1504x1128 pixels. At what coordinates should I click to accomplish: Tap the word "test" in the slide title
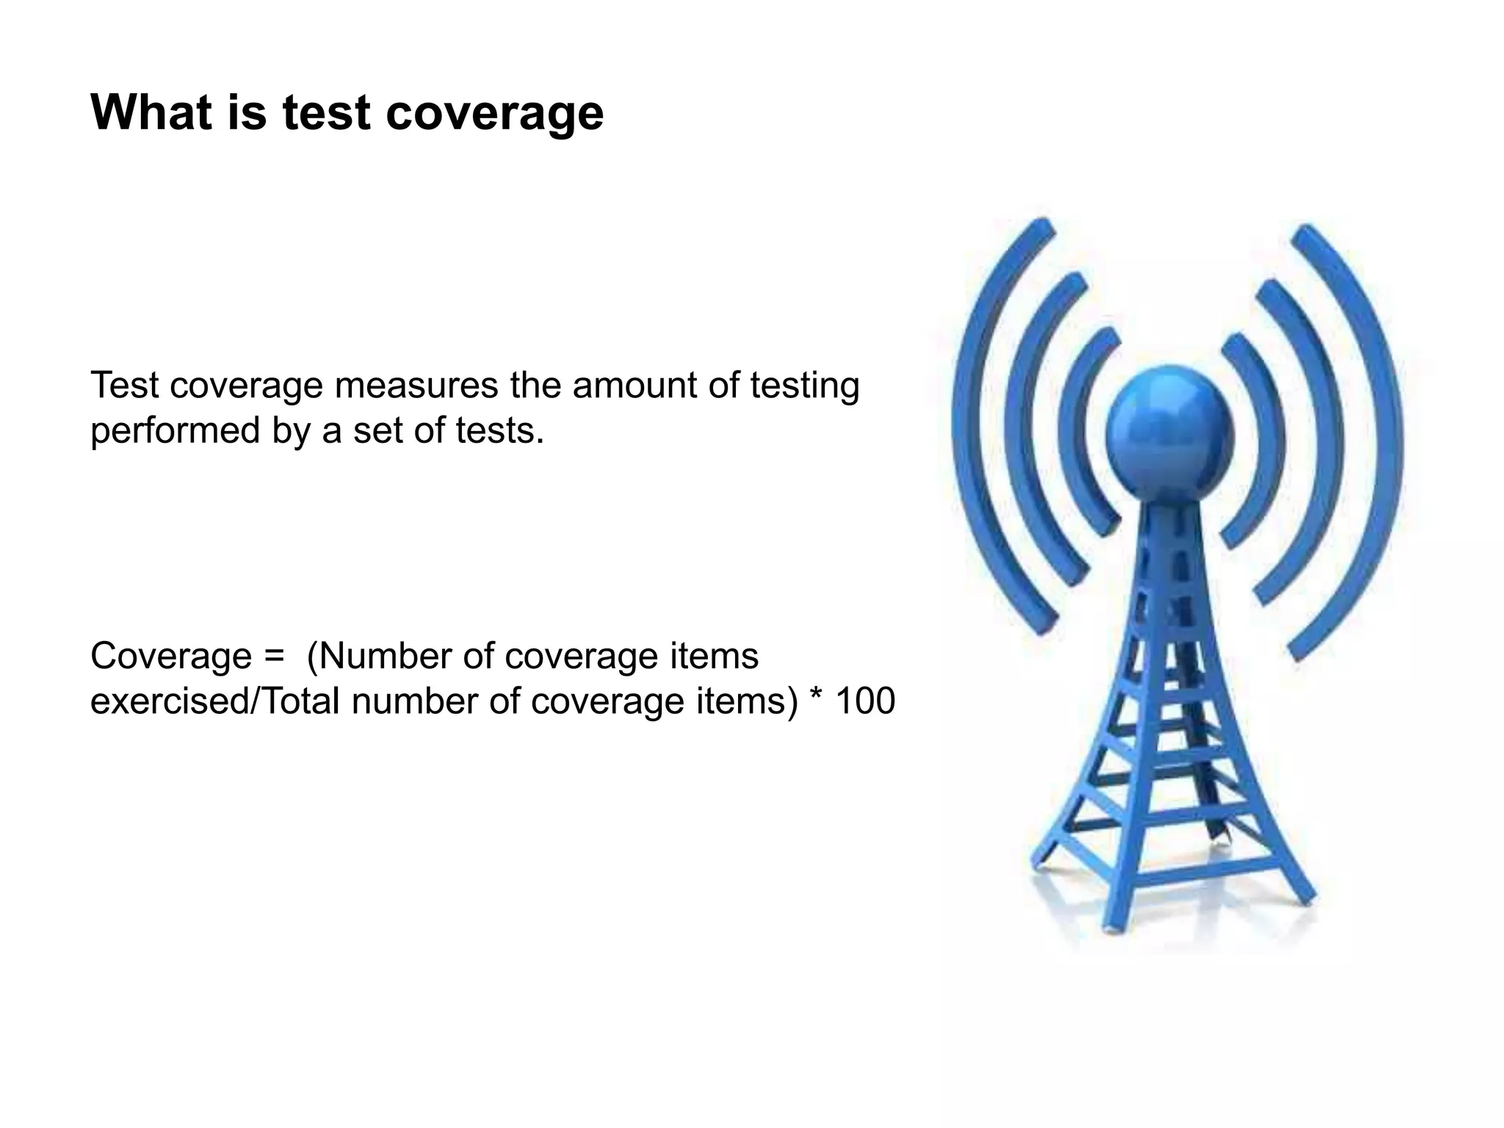point(325,114)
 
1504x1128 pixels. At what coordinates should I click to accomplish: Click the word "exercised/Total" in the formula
point(214,701)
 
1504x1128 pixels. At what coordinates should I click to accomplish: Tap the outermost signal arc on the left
point(969,426)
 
